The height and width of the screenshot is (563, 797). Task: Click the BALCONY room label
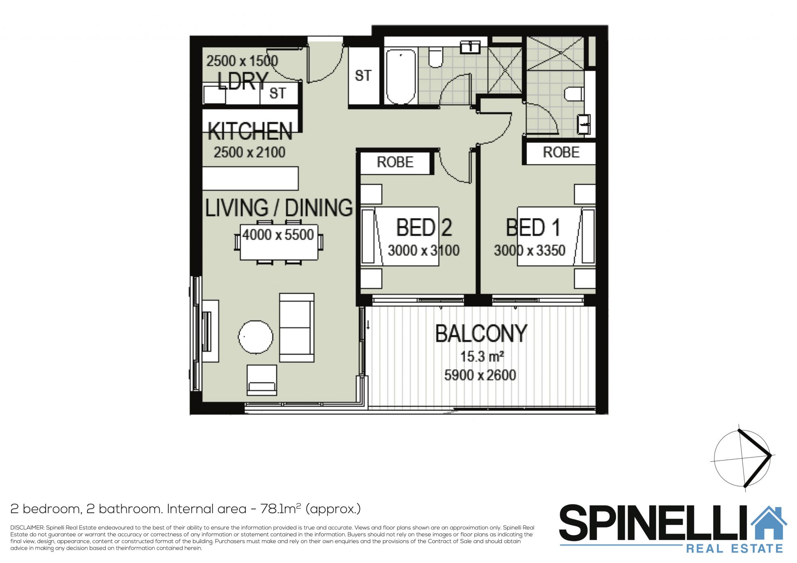coord(481,334)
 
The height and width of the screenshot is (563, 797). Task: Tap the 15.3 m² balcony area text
coord(482,356)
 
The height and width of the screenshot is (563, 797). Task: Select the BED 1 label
coord(533,227)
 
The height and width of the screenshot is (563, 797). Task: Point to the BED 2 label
coord(424,227)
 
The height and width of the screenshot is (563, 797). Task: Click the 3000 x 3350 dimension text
coord(529,250)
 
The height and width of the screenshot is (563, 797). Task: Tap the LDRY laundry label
coord(243,81)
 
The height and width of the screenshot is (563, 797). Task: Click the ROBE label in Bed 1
coord(561,152)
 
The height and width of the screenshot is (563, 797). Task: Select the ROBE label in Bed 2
coord(395,162)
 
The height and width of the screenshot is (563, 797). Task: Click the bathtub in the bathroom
coord(401,76)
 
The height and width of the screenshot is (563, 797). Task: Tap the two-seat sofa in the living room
coord(297,328)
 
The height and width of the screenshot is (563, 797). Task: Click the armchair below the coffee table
coord(262,380)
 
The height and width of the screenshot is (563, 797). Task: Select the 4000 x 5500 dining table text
coord(278,235)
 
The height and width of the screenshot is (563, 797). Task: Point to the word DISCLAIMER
coord(27,528)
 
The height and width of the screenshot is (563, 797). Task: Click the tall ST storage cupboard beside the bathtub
coord(364,76)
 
